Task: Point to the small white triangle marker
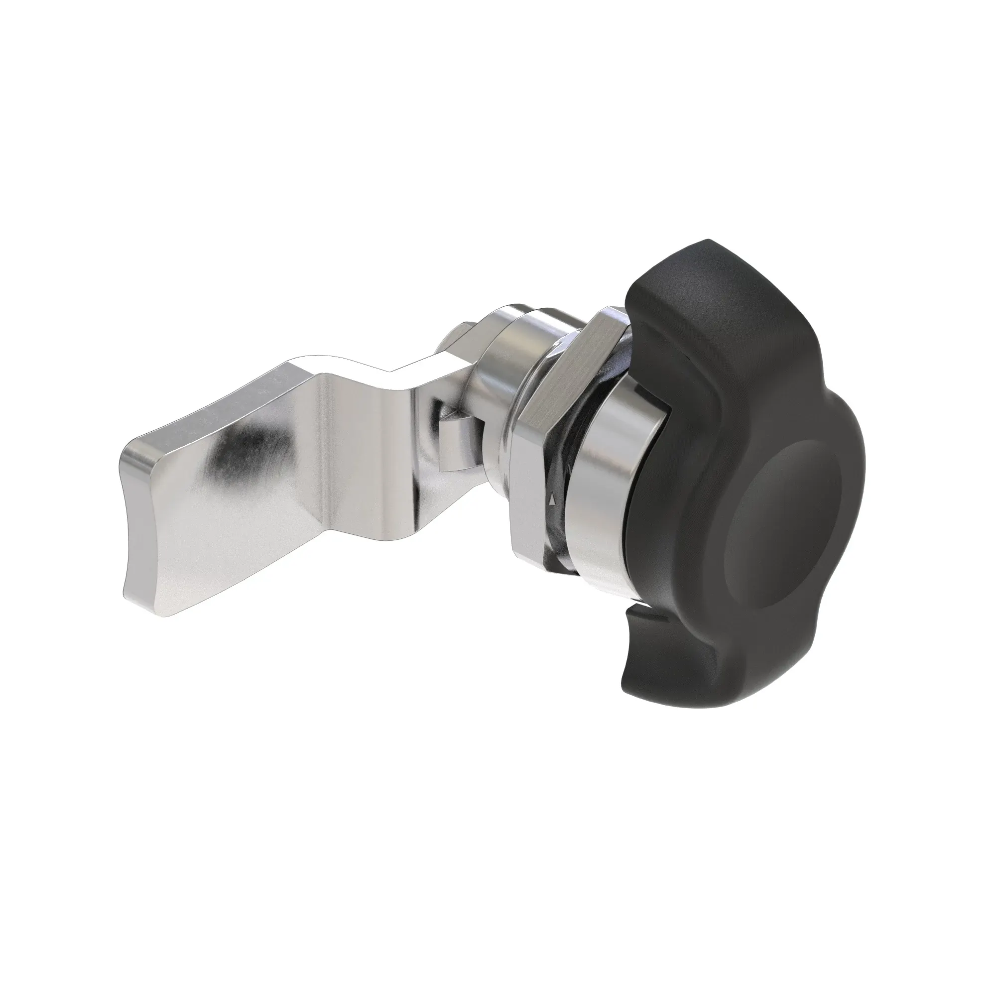tap(553, 499)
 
